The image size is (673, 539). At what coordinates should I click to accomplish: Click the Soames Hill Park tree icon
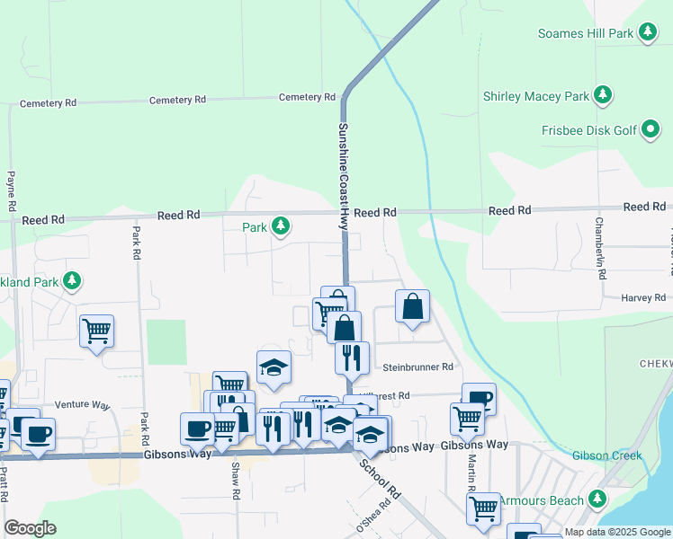click(647, 33)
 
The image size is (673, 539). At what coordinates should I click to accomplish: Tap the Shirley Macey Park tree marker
click(604, 95)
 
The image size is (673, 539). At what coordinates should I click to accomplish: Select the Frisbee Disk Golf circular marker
click(651, 130)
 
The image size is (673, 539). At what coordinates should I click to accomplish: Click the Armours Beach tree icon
click(598, 499)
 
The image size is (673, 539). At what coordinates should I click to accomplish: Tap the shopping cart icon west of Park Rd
click(96, 330)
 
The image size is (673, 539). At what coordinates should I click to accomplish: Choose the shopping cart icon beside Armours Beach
click(483, 508)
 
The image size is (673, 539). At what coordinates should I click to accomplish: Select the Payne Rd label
click(11, 191)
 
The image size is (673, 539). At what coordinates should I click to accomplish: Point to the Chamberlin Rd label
click(598, 243)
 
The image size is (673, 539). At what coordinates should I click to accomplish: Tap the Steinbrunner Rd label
click(417, 367)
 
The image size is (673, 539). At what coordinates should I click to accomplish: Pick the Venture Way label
click(81, 404)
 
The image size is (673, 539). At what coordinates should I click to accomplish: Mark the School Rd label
click(380, 480)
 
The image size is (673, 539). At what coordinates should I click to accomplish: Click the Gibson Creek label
click(607, 455)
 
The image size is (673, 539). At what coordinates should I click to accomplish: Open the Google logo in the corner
click(30, 528)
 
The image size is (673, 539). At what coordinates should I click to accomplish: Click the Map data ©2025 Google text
click(617, 532)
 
